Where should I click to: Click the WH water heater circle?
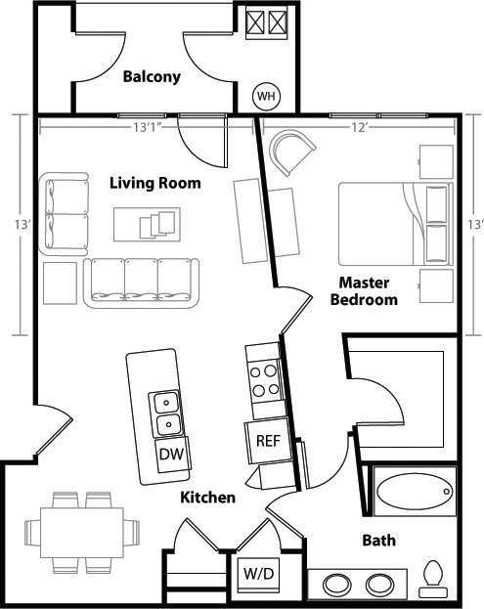pyautogui.click(x=266, y=96)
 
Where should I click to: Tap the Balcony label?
pyautogui.click(x=152, y=77)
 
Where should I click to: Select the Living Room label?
pyautogui.click(x=155, y=183)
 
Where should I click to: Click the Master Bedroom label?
pyautogui.click(x=364, y=291)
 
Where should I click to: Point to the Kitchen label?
pyautogui.click(x=208, y=498)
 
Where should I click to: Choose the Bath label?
pyautogui.click(x=379, y=541)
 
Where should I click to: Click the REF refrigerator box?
pyautogui.click(x=269, y=441)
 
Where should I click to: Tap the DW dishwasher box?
pyautogui.click(x=171, y=454)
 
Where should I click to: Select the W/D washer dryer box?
pyautogui.click(x=259, y=575)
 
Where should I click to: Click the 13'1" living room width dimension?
pyautogui.click(x=148, y=127)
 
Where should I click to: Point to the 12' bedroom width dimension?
pyautogui.click(x=359, y=127)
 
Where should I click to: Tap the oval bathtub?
pyautogui.click(x=415, y=492)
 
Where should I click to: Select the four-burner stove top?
pyautogui.click(x=264, y=380)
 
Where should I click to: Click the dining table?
pyautogui.click(x=82, y=533)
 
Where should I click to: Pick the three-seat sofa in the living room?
pyautogui.click(x=142, y=283)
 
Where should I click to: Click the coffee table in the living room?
pyautogui.click(x=147, y=225)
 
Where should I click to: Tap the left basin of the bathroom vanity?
pyautogui.click(x=336, y=585)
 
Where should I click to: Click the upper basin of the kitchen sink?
pyautogui.click(x=166, y=403)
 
